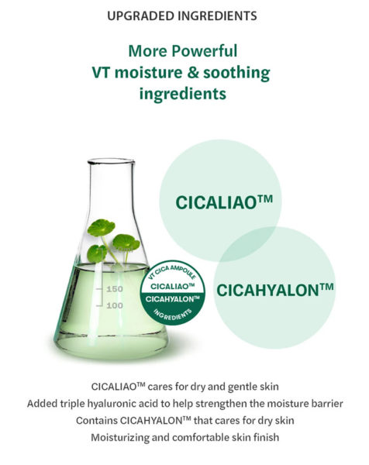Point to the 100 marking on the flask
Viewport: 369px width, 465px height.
114,305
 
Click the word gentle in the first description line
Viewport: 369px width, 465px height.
220,386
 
